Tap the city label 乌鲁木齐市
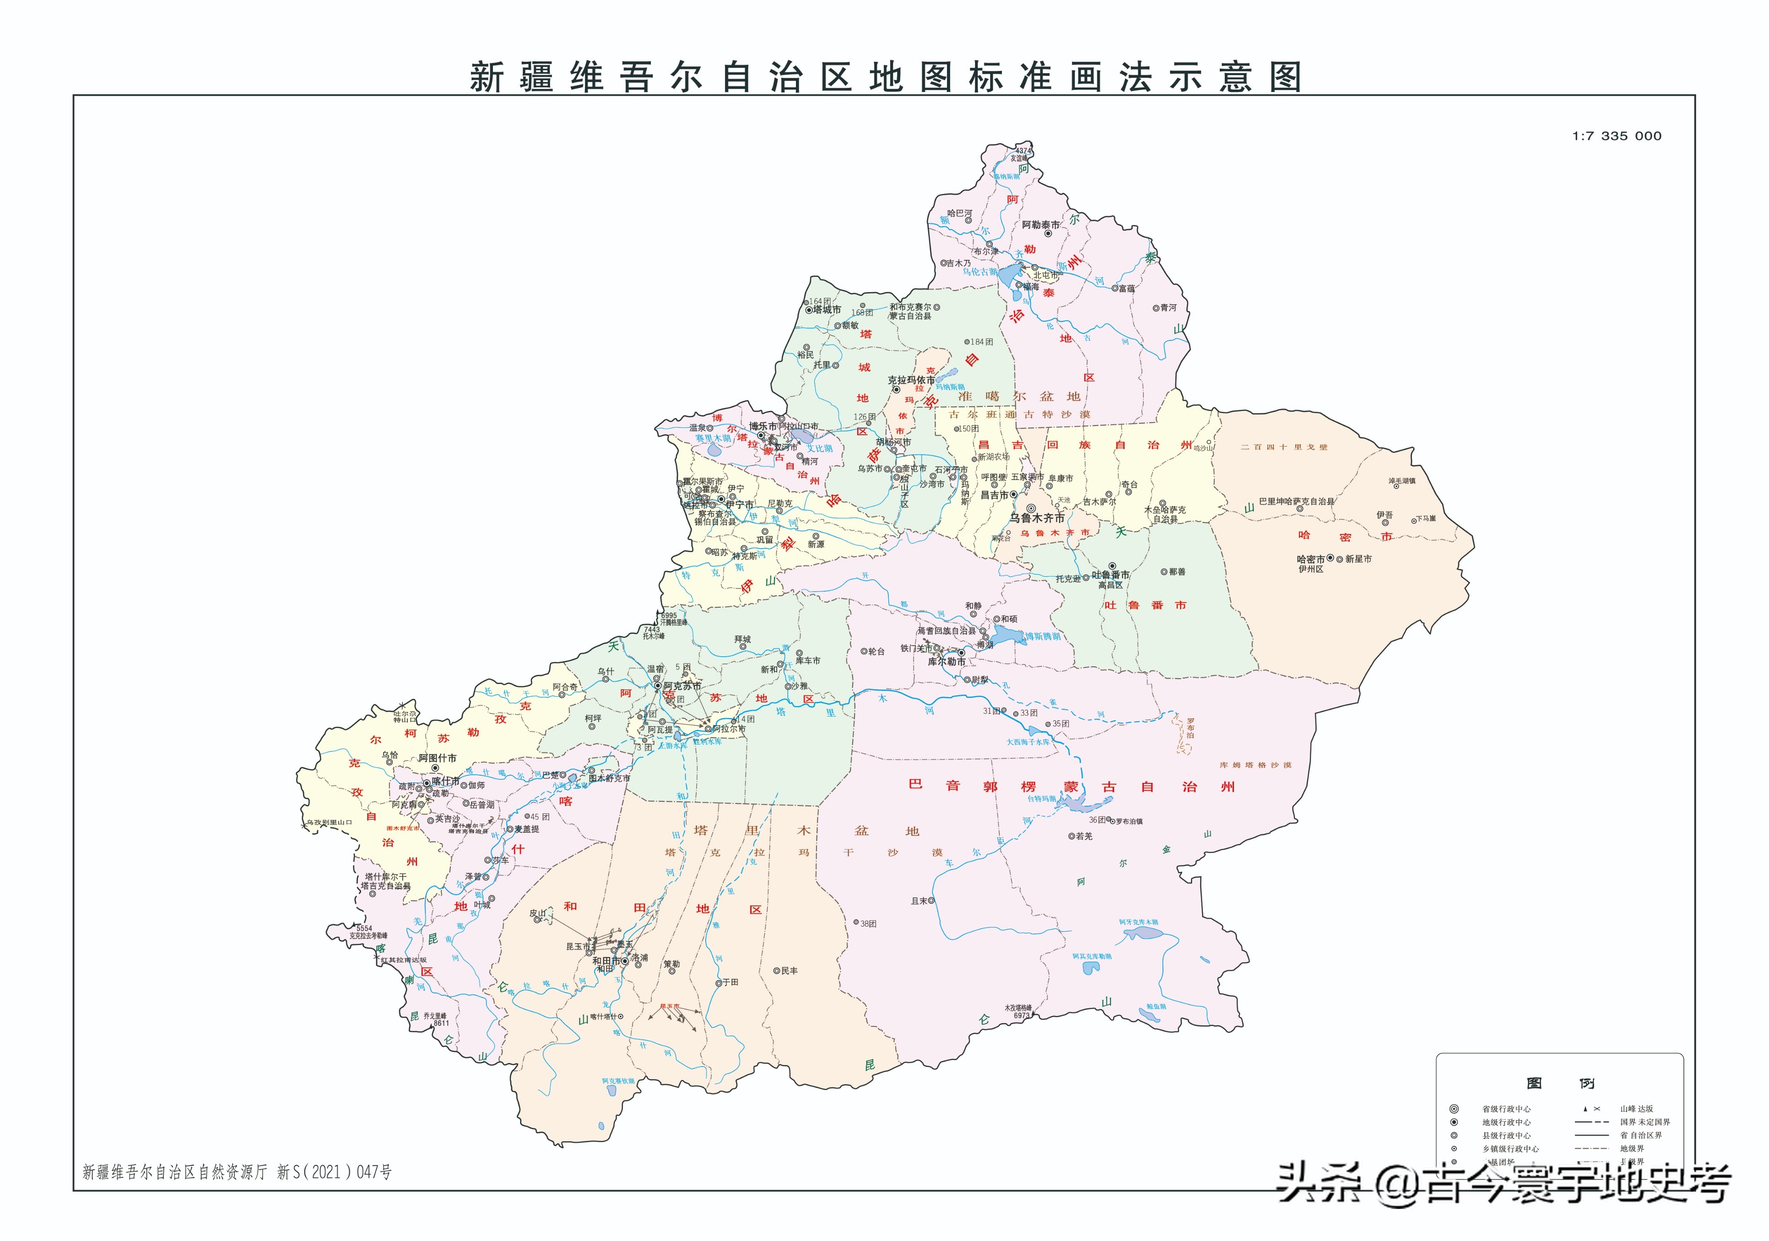pyautogui.click(x=1037, y=518)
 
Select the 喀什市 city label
pyautogui.click(x=445, y=781)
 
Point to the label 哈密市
pyautogui.click(x=1310, y=559)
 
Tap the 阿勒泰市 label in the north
pyautogui.click(x=1040, y=225)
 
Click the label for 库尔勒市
pyautogui.click(x=946, y=662)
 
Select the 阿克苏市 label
pyautogui.click(x=682, y=685)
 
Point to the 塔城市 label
pyautogui.click(x=827, y=310)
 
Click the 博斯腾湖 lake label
pyautogui.click(x=1043, y=637)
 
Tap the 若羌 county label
pyautogui.click(x=1084, y=836)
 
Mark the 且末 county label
pyautogui.click(x=919, y=901)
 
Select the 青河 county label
pyautogui.click(x=1169, y=308)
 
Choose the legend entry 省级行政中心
pyautogui.click(x=1506, y=1109)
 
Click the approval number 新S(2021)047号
pyautogui.click(x=335, y=1171)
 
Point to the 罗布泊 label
pyautogui.click(x=1190, y=727)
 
